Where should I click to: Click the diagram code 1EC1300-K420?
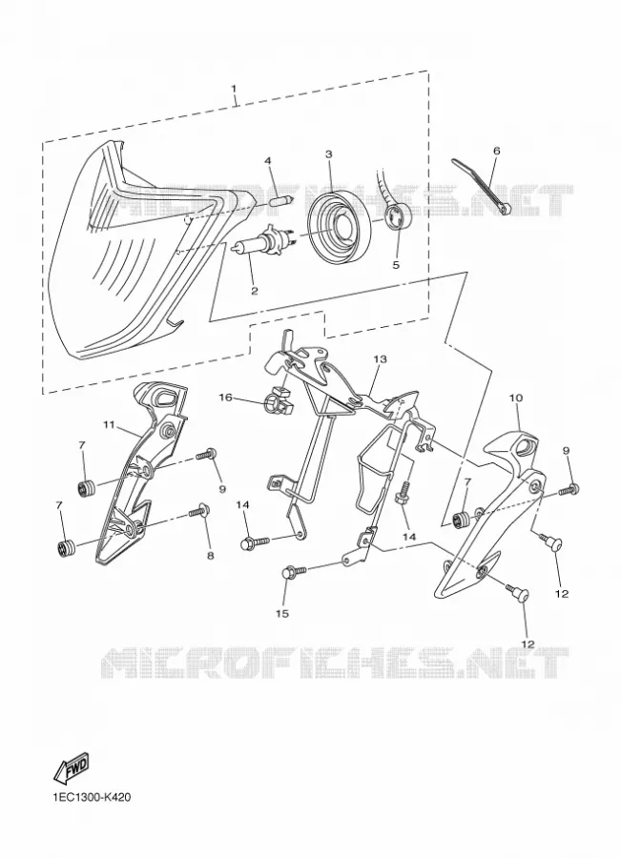click(x=92, y=797)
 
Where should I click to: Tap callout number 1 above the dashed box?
click(x=234, y=88)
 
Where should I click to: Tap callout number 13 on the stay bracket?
click(x=380, y=359)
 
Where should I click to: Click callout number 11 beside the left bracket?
click(x=109, y=424)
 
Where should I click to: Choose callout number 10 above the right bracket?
click(x=516, y=398)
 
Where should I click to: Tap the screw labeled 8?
click(x=200, y=511)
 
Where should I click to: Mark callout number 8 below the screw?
click(x=210, y=556)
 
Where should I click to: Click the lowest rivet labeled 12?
click(x=517, y=593)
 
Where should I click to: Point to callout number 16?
click(x=226, y=397)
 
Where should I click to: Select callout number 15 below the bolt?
click(x=281, y=613)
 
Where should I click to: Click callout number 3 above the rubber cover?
click(x=328, y=154)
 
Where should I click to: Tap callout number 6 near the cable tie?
click(x=497, y=150)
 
